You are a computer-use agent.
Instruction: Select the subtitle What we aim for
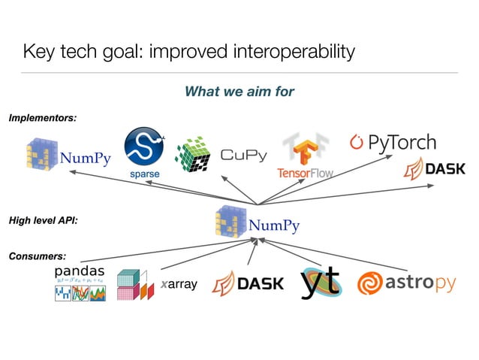click(x=239, y=92)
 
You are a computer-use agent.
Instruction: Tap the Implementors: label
click(x=43, y=117)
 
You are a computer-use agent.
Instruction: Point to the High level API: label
click(x=44, y=221)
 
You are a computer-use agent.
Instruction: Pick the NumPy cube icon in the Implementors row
click(x=41, y=155)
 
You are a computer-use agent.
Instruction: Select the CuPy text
click(x=243, y=156)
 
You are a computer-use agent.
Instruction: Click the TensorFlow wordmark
click(x=305, y=173)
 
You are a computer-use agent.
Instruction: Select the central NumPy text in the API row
click(x=274, y=225)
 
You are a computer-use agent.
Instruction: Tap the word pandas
click(x=80, y=270)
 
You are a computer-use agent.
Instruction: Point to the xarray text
click(x=179, y=285)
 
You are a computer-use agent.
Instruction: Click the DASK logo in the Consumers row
click(x=249, y=283)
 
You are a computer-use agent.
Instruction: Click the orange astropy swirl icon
click(x=370, y=284)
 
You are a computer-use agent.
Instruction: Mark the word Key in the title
click(x=38, y=52)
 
